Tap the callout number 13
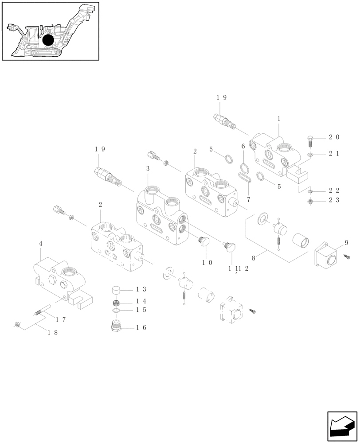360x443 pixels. [x=141, y=289]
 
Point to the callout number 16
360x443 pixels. [x=141, y=328]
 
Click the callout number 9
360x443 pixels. [x=346, y=242]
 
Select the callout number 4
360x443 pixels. [x=41, y=244]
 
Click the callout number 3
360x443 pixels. [x=148, y=169]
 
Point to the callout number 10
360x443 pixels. [x=207, y=262]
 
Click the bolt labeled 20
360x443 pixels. [x=310, y=142]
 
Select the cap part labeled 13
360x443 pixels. [x=117, y=291]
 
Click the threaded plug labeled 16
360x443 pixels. [x=117, y=327]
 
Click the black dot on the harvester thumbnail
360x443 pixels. [x=48, y=40]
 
